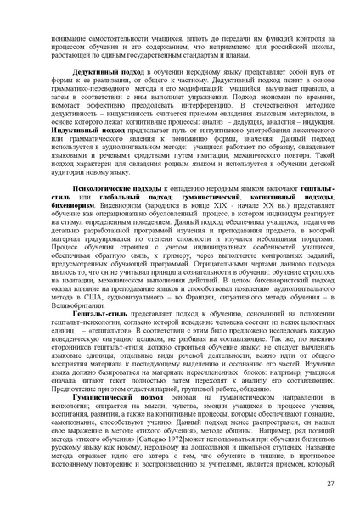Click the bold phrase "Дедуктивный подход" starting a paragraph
pyautogui.click(x=101, y=74)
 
